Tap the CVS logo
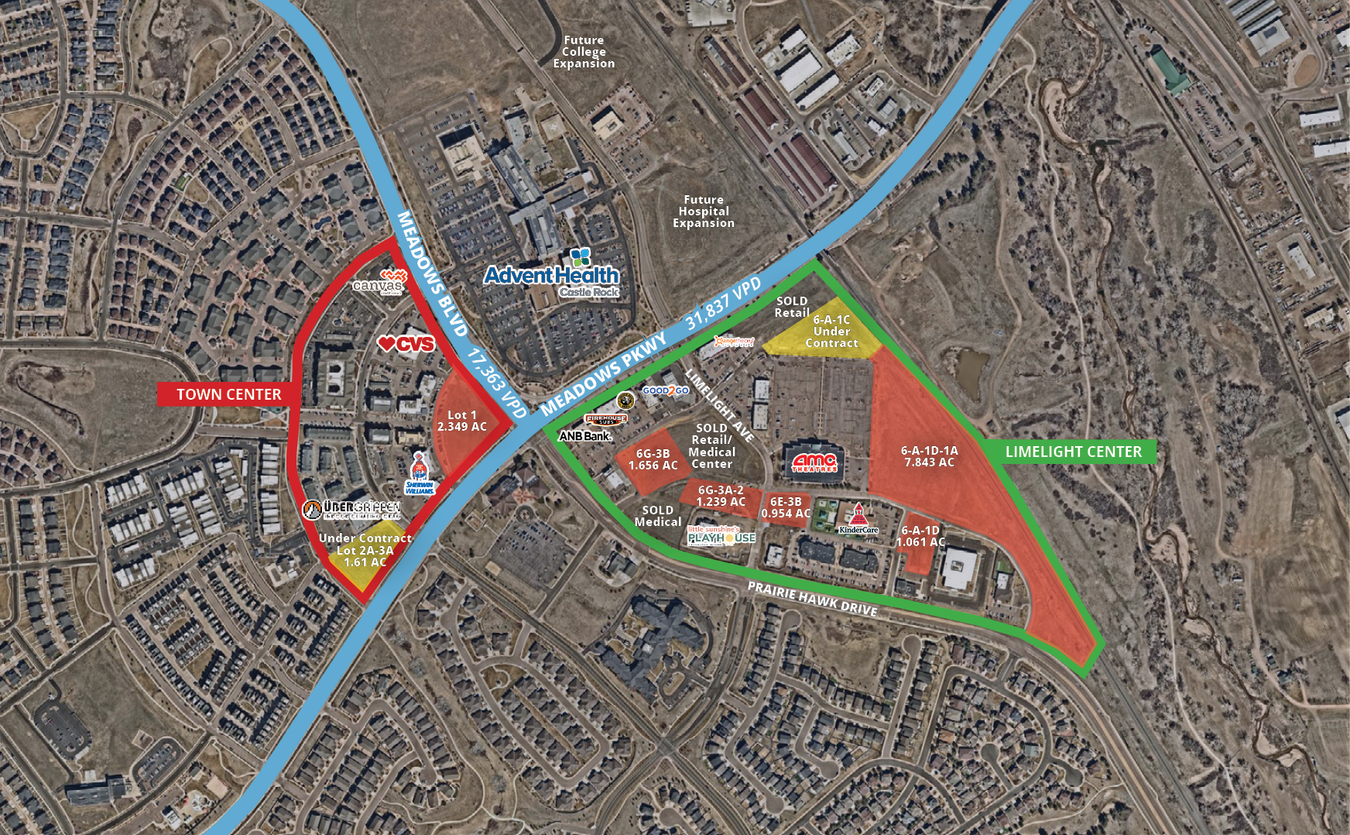point(406,343)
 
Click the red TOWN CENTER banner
point(228,394)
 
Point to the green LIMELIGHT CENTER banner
point(1073,452)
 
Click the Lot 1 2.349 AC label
point(462,421)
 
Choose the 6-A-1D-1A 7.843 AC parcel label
point(929,456)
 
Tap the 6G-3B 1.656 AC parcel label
point(653,459)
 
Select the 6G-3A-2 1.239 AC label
point(721,496)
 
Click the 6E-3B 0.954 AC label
point(786,508)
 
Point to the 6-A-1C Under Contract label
point(831,332)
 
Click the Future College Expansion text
point(584,52)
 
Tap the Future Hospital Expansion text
point(704,211)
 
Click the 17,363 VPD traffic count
point(497,383)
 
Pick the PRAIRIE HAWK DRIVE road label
point(812,599)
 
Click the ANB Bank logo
point(585,436)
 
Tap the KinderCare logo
point(858,521)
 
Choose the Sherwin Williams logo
point(420,474)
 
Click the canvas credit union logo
point(379,283)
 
